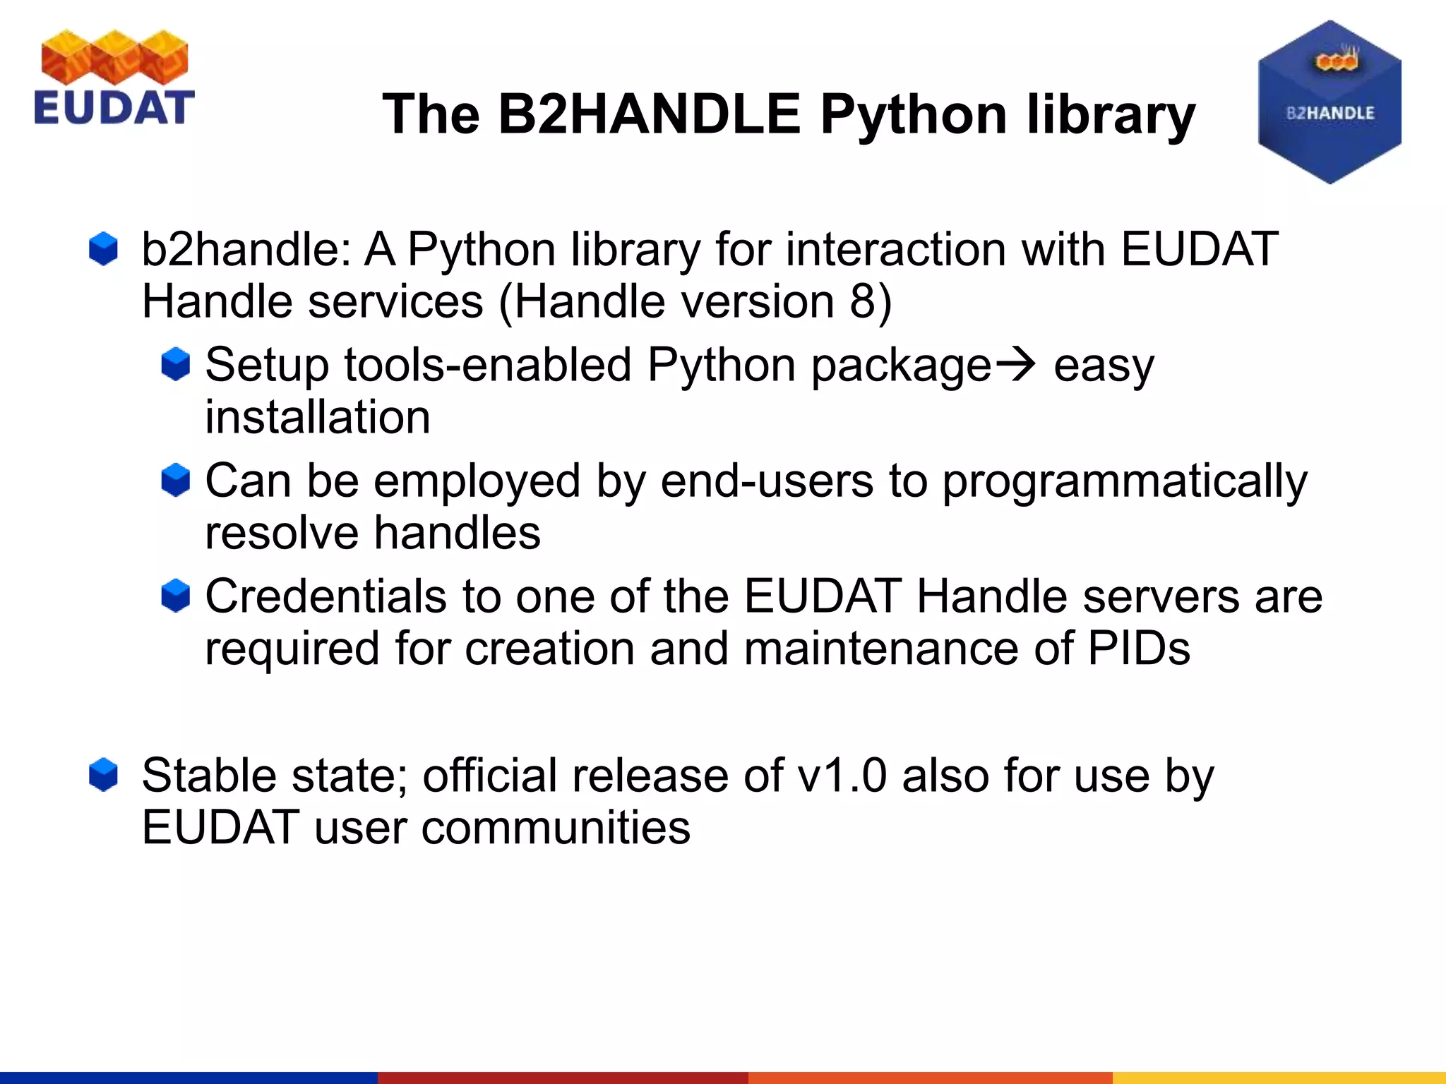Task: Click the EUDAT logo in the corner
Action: [x=114, y=78]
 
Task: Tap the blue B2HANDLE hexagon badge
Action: [x=1330, y=103]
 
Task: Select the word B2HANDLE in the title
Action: [x=649, y=114]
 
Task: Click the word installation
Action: [x=317, y=417]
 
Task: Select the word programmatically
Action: [x=1125, y=482]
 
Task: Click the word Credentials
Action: [x=325, y=596]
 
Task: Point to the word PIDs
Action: [x=1138, y=649]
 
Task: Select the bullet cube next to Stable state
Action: [x=103, y=775]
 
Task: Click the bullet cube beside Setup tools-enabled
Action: [x=175, y=364]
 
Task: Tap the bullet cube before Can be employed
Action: [x=175, y=480]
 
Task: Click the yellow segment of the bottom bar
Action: [x=1278, y=1077]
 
